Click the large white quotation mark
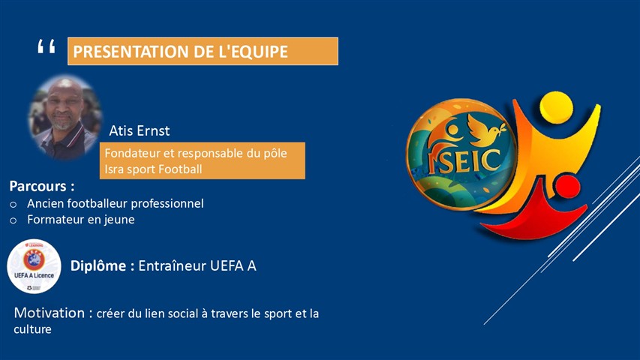coord(46,46)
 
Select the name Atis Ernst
coord(140,130)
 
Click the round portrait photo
coord(65,118)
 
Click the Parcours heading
coord(42,186)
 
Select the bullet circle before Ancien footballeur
coord(14,204)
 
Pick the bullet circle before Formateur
coord(14,220)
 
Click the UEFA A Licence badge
coord(34,266)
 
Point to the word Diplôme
coord(98,265)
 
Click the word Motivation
coord(50,313)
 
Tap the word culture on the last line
coord(33,329)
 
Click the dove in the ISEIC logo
coord(485,129)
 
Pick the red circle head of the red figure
coord(566,187)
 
